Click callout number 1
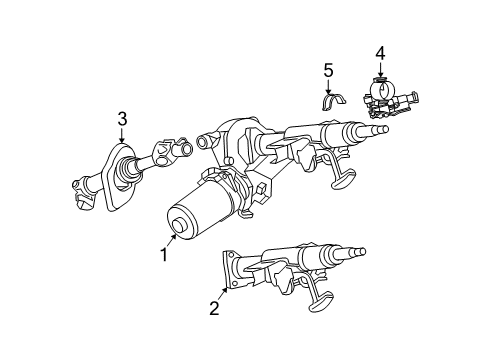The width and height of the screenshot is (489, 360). (163, 255)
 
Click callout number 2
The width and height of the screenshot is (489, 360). (213, 308)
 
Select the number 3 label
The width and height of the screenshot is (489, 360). (122, 119)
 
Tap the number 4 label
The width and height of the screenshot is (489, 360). (380, 52)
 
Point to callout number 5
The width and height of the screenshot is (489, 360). (327, 69)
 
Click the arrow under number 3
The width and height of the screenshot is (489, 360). (122, 137)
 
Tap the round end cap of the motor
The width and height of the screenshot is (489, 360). (180, 226)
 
